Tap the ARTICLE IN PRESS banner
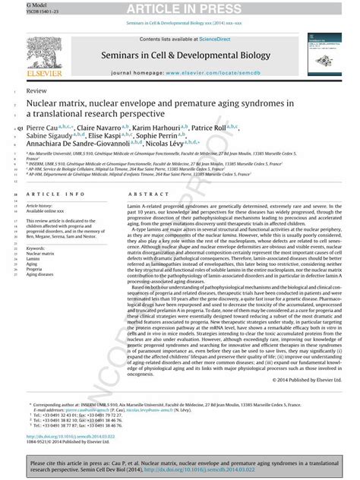[181, 8]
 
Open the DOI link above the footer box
[65, 437]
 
